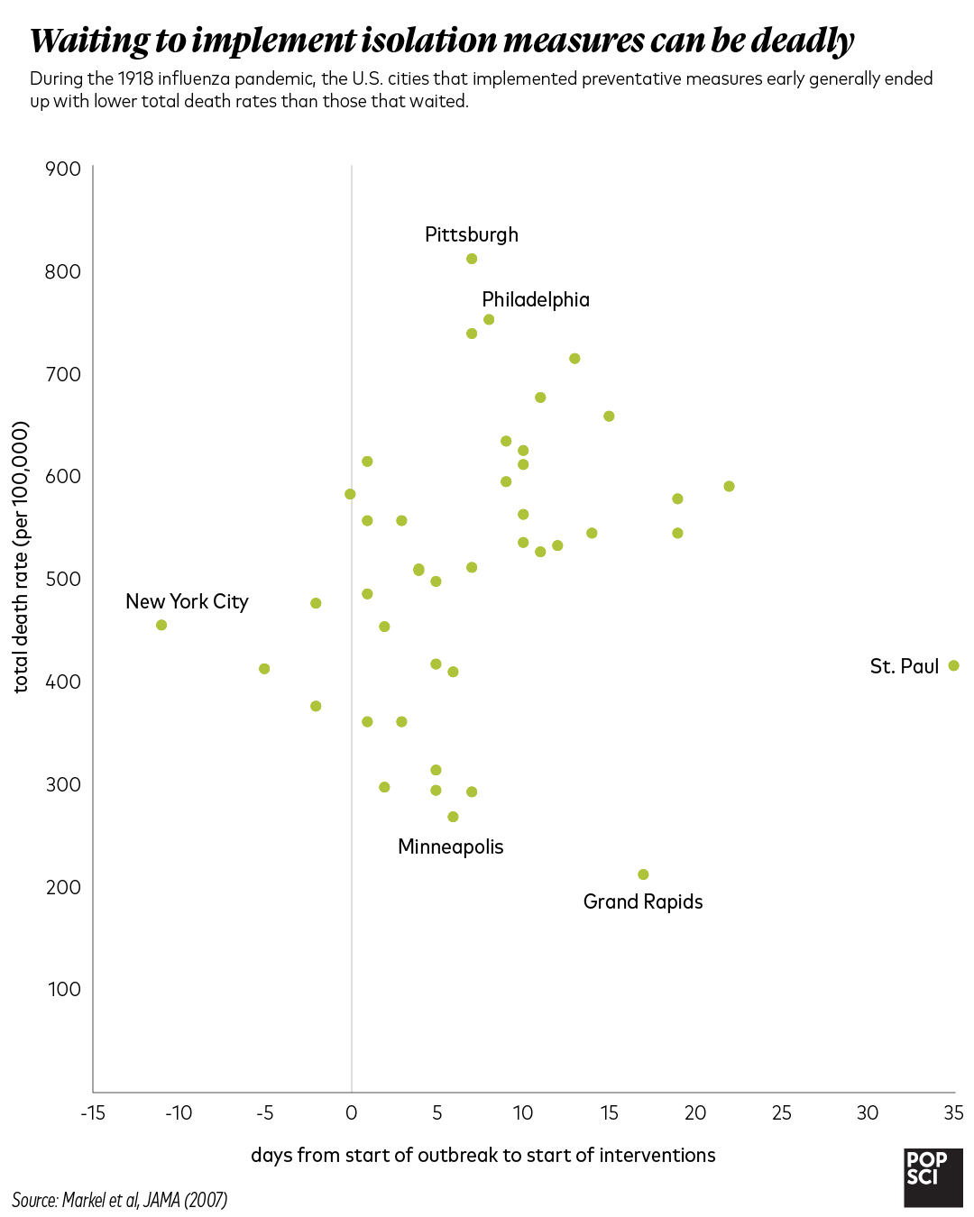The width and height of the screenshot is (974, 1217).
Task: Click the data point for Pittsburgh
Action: pos(472,259)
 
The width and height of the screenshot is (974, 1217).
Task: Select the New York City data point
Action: pos(161,625)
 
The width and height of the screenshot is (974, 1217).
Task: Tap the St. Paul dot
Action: pos(953,665)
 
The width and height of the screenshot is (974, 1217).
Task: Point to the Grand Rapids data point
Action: pos(643,874)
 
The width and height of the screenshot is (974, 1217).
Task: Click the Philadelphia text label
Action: pos(536,299)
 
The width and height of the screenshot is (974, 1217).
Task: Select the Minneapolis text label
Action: pos(450,846)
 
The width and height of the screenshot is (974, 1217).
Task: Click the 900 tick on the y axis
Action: pos(62,169)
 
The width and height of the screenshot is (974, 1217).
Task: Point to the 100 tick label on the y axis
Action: pos(64,989)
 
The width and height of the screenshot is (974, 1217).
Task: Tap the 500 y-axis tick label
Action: pos(62,579)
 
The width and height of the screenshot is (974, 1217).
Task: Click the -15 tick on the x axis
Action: pos(93,1112)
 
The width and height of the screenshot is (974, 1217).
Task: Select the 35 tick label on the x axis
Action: pos(953,1112)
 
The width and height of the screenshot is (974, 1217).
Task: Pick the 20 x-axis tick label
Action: pos(695,1112)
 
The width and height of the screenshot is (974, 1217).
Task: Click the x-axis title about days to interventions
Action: pos(482,1155)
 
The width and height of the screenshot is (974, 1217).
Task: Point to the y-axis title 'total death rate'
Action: pos(21,557)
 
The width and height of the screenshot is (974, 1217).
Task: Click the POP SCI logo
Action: pos(933,1177)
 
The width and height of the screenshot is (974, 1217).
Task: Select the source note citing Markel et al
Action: pos(119,1200)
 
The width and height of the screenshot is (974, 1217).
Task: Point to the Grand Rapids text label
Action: pos(643,901)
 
